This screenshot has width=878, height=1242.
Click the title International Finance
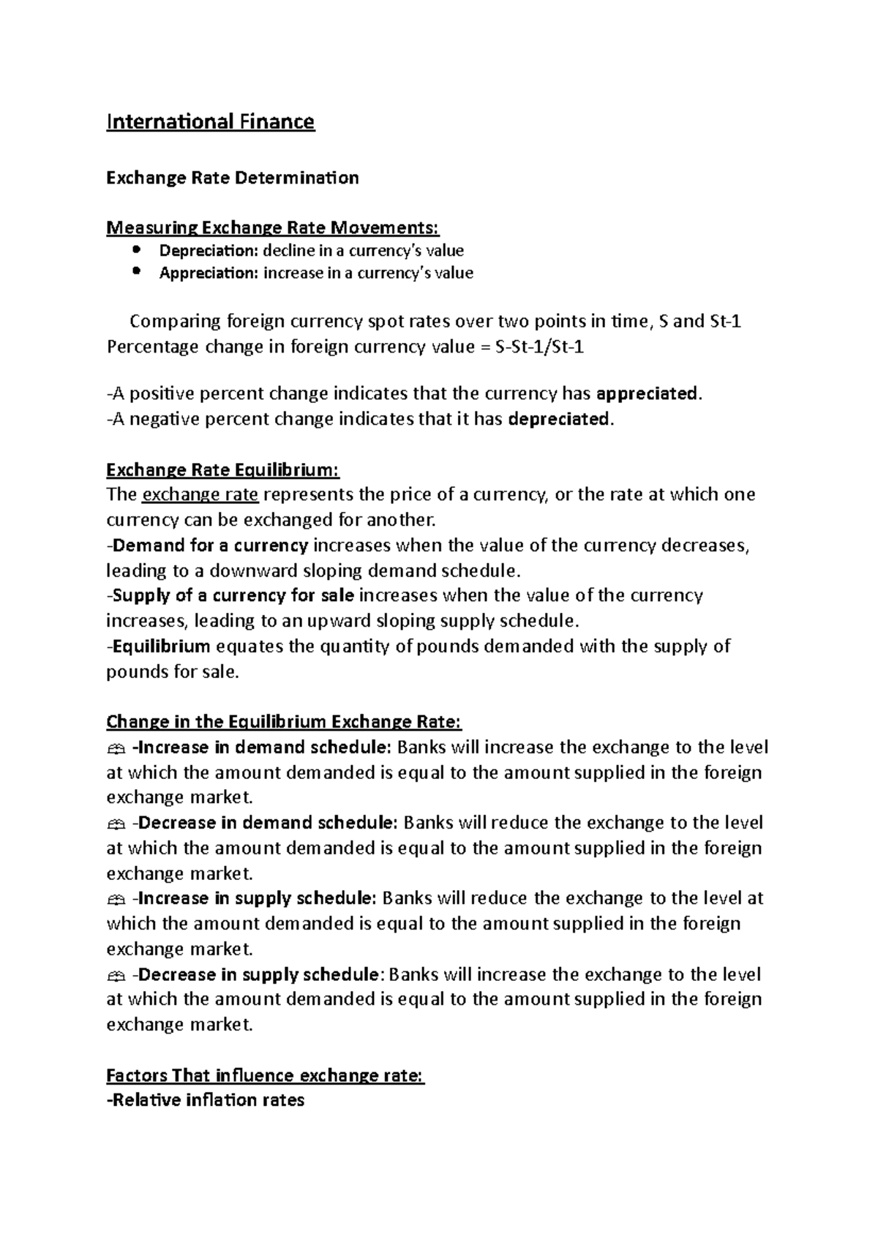[211, 121]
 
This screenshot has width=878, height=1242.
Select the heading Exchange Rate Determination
[233, 178]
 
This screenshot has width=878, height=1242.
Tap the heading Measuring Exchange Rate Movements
[273, 229]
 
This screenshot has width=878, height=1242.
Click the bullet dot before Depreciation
[136, 249]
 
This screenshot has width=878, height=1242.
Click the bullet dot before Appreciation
[136, 271]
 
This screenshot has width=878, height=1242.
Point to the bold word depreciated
[558, 420]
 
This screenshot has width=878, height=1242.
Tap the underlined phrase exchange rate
[200, 495]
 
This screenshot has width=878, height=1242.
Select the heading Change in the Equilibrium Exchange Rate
[284, 723]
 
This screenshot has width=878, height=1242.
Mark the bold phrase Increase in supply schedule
[257, 899]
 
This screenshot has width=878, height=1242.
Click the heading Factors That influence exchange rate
[265, 1076]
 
